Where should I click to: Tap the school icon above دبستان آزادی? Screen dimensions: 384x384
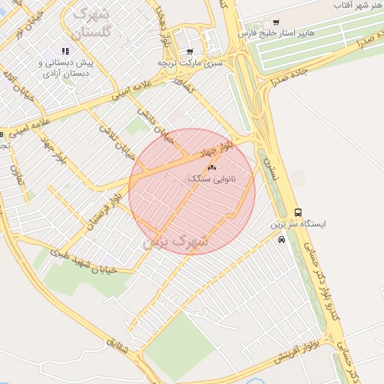click(65, 52)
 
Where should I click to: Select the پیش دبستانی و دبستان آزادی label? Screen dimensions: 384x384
click(64, 68)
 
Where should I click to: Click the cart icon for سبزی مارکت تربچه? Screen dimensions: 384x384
click(190, 52)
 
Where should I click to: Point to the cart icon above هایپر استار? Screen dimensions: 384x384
click(276, 22)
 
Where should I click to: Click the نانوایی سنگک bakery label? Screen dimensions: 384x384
click(211, 179)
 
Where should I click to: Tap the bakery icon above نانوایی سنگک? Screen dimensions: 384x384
click(211, 168)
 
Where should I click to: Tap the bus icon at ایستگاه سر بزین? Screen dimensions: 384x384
click(298, 212)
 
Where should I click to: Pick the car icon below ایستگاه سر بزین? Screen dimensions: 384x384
click(281, 240)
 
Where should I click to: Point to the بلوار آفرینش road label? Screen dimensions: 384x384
click(295, 352)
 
